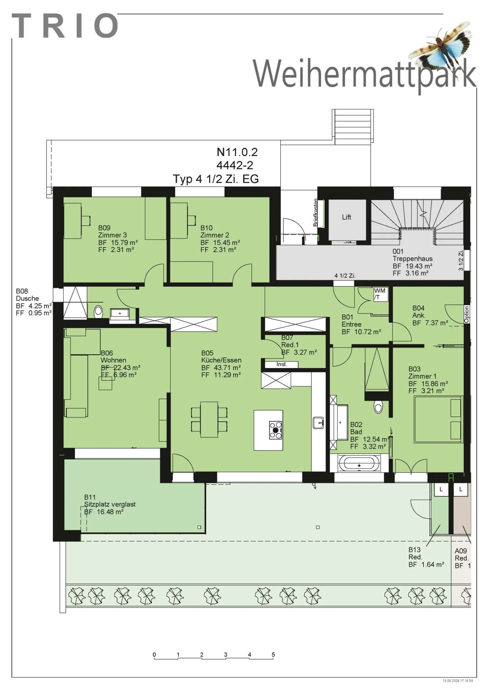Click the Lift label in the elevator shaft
click(x=346, y=217)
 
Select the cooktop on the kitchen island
click(x=275, y=430)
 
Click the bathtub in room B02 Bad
click(x=359, y=464)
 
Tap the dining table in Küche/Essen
click(x=209, y=419)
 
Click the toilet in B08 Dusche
click(x=98, y=311)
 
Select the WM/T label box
click(x=380, y=294)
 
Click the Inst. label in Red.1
click(x=281, y=364)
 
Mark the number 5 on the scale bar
click(x=273, y=655)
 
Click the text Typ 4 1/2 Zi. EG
click(x=216, y=179)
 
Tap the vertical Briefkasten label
click(x=316, y=213)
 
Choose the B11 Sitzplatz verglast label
click(x=109, y=504)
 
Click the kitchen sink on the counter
click(x=319, y=423)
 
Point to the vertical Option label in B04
click(x=467, y=314)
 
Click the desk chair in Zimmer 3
click(x=86, y=220)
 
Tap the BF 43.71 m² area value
click(x=221, y=367)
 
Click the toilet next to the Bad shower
click(x=378, y=406)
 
